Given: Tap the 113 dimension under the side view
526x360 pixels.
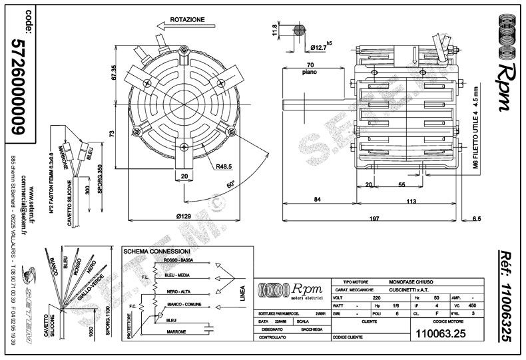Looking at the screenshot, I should (x=411, y=200).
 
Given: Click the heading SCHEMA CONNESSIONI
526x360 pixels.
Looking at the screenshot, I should (x=157, y=252).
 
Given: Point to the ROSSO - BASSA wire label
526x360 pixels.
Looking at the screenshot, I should (x=178, y=261).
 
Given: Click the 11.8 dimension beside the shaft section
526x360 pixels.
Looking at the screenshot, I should (x=274, y=31).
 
